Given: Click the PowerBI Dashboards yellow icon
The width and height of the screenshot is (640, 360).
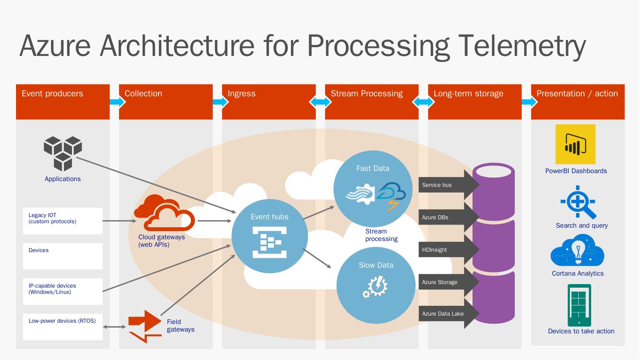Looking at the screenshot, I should pos(575,144).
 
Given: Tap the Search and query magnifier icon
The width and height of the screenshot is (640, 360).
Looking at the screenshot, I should pos(578,202).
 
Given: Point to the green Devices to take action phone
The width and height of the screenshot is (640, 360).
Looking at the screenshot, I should pos(579,305).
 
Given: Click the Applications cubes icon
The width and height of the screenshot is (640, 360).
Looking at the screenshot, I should pos(63,153).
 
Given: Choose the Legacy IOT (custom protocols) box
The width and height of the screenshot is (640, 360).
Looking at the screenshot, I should pos(63,221).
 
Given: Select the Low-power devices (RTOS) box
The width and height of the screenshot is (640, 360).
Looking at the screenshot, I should pos(63,327).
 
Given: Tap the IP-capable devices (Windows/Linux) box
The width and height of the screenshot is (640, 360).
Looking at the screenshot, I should pos(63,291).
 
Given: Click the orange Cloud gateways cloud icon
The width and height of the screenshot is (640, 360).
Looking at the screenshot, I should pos(164,213).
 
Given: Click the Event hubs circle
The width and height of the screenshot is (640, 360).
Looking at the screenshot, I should pos(270,235).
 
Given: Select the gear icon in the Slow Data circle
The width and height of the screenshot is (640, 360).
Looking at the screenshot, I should pos(376,286).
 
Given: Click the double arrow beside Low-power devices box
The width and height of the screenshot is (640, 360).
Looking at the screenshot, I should pos(115,327).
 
